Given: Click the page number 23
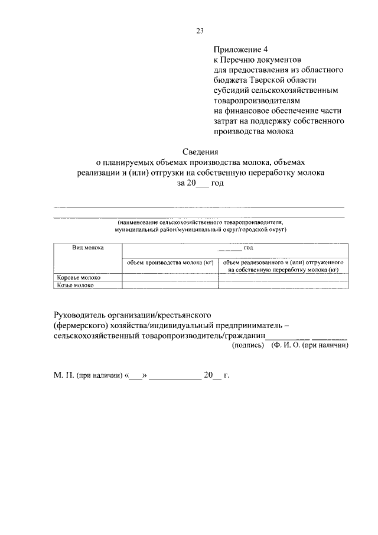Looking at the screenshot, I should point(200,31).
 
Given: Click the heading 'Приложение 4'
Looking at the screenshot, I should point(238,50).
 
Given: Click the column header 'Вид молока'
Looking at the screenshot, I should point(88,248).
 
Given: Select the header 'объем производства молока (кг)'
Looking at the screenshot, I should point(170,262).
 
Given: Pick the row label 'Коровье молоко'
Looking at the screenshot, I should point(79,277).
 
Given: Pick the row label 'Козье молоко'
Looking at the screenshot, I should point(75,285).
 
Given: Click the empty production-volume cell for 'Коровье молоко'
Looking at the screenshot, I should point(170,277).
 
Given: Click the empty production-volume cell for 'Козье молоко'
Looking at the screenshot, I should point(170,285).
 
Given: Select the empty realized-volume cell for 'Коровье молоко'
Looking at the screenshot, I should point(283,277).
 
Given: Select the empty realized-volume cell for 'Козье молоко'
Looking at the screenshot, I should point(283,285).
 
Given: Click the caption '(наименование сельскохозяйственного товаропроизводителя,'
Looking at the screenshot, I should point(200,222).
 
